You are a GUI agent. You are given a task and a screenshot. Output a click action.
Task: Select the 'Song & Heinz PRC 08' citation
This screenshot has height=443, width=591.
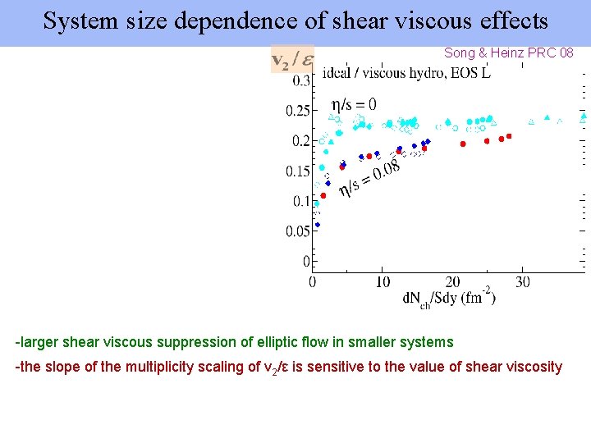click(x=509, y=53)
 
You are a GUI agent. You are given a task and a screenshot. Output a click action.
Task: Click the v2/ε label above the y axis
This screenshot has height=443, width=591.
click(x=292, y=60)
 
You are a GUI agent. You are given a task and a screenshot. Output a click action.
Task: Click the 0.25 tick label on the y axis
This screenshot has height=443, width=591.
click(x=297, y=111)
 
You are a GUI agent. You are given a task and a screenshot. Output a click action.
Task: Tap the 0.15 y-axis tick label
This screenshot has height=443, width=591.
click(x=297, y=171)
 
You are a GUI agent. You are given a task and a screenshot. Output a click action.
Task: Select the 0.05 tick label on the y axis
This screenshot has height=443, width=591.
click(x=297, y=231)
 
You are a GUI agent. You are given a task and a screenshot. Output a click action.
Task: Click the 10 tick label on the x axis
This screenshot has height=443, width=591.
click(x=383, y=282)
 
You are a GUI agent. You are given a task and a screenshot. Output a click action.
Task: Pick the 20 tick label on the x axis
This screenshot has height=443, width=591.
click(x=452, y=282)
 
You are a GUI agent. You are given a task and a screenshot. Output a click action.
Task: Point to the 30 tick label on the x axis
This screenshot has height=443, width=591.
click(x=523, y=282)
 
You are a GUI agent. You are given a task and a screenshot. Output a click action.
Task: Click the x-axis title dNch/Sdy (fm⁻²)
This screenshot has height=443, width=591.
click(x=448, y=299)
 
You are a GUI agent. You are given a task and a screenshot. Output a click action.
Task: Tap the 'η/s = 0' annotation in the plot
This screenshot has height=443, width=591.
click(x=354, y=104)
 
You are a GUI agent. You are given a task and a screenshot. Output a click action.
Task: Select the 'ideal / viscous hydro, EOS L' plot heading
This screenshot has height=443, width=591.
click(x=407, y=74)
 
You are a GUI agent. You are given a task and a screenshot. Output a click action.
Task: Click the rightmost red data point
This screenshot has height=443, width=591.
click(x=509, y=136)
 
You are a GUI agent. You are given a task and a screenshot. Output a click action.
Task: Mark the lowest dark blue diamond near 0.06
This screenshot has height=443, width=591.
click(x=318, y=224)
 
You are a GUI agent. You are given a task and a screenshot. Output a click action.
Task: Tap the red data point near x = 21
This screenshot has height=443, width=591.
click(x=463, y=144)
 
